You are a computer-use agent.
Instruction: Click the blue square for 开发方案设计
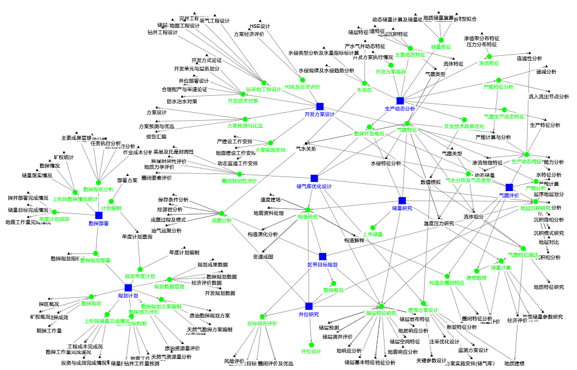319,106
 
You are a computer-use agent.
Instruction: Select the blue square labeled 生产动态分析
400,101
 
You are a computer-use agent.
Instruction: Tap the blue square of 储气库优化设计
314,178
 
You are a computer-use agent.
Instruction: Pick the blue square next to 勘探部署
99,215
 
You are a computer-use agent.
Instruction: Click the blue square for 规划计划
128,288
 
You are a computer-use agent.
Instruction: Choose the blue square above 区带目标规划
322,257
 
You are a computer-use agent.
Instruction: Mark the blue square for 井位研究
309,306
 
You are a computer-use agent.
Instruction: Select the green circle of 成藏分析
222,213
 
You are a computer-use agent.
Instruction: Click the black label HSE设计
260,27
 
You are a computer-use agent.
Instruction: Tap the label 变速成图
263,257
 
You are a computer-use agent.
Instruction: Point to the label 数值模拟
431,182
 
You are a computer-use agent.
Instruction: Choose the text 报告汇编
156,136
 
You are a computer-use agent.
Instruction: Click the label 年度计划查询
137,237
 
